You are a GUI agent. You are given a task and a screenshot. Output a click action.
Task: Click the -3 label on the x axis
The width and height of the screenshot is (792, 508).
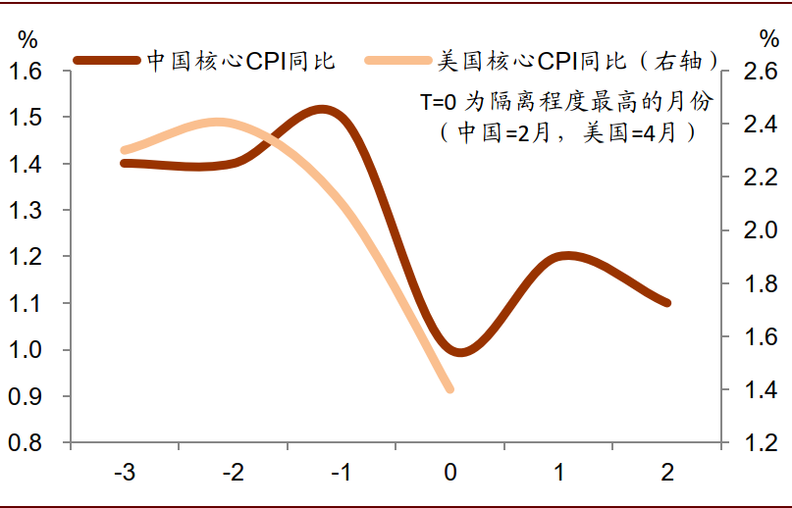coord(125,473)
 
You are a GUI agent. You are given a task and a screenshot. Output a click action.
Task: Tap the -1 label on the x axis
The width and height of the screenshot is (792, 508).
coord(342,473)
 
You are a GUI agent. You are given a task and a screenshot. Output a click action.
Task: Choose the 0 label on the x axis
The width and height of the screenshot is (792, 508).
coord(450,473)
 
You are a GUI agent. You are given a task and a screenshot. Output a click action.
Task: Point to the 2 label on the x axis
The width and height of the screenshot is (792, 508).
coord(667,473)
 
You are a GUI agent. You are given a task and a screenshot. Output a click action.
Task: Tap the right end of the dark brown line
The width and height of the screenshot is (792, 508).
coord(667,303)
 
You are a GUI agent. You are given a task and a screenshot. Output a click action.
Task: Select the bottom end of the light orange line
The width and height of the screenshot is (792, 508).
coord(450,389)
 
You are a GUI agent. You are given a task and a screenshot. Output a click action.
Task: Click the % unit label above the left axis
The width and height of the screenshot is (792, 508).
coord(26,39)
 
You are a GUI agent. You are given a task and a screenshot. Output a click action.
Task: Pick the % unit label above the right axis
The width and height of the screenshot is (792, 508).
coord(767,39)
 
